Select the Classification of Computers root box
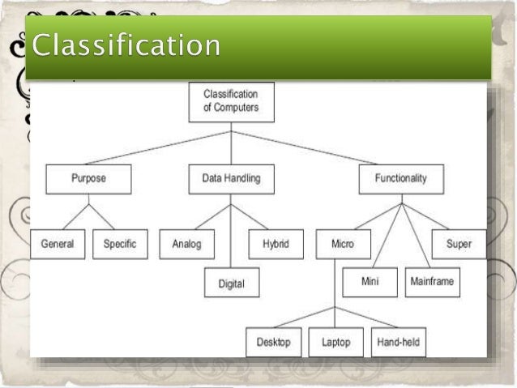(230, 101)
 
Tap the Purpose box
(88, 179)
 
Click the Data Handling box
(230, 179)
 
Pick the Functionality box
(400, 179)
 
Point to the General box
(58, 244)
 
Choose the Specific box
(120, 244)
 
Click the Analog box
(186, 244)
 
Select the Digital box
(231, 283)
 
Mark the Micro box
(343, 244)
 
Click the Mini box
(369, 282)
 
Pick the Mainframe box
(432, 282)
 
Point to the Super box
(459, 244)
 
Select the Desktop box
(273, 343)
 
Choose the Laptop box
(335, 343)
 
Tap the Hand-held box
(399, 343)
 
